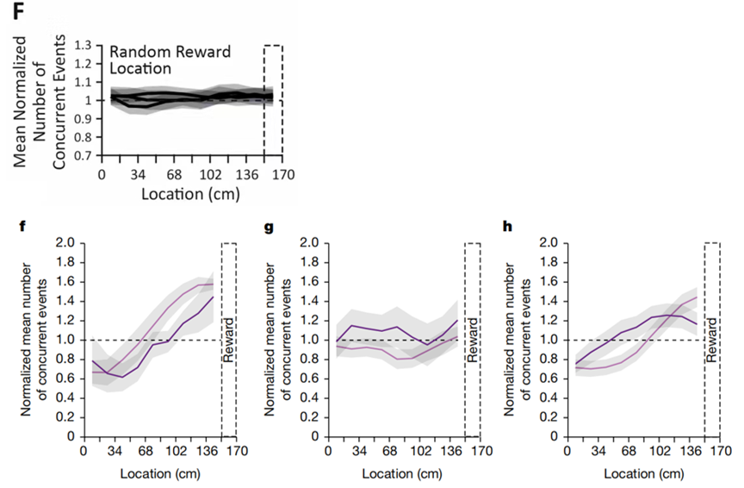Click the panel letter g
pyautogui.click(x=269, y=228)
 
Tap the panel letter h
pyautogui.click(x=509, y=228)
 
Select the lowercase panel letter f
pyautogui.click(x=24, y=228)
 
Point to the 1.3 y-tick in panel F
pyautogui.click(x=83, y=45)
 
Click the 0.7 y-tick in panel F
pyautogui.click(x=83, y=156)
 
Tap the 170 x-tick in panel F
pyautogui.click(x=283, y=174)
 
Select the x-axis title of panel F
pyautogui.click(x=191, y=192)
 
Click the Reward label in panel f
pyautogui.click(x=229, y=340)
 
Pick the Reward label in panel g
pyautogui.click(x=473, y=340)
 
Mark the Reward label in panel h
pyautogui.click(x=712, y=340)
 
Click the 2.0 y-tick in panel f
pyautogui.click(x=65, y=243)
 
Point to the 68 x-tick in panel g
pyautogui.click(x=389, y=451)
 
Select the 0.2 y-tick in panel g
pyautogui.click(x=307, y=417)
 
